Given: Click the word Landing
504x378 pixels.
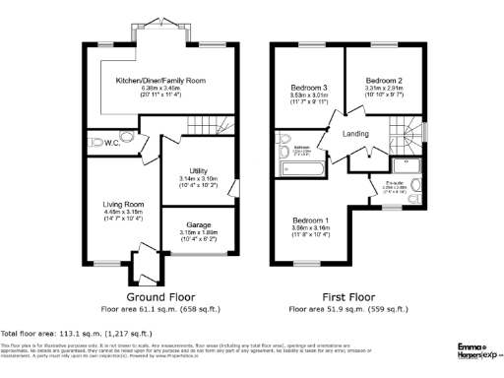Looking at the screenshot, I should [x=355, y=134].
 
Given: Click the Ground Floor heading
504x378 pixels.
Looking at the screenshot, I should [x=160, y=295].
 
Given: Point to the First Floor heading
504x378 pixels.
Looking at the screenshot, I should [x=348, y=295].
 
